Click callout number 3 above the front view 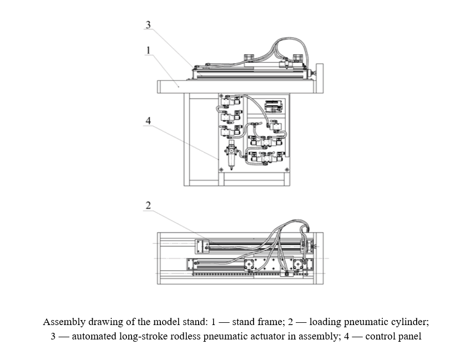[148, 25]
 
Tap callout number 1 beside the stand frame [148, 50]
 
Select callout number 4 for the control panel [148, 120]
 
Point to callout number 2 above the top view [148, 205]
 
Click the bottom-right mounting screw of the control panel [286, 169]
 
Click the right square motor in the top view [299, 265]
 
